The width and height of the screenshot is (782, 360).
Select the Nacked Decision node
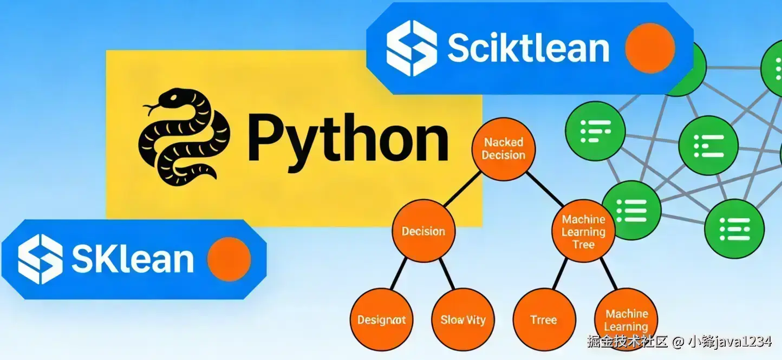(x=504, y=149)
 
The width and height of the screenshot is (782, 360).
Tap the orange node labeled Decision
(x=423, y=232)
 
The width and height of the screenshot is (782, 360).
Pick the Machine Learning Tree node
(x=583, y=232)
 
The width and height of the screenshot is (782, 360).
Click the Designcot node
(x=382, y=319)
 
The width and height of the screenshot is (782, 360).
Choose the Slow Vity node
(x=463, y=319)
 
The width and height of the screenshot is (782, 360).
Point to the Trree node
(x=544, y=319)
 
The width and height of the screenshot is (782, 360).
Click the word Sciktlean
(x=528, y=48)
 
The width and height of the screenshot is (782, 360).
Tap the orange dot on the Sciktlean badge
(x=650, y=48)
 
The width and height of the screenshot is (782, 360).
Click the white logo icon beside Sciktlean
(x=412, y=48)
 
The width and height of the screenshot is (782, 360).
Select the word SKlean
(x=132, y=259)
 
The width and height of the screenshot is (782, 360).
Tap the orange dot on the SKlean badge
(x=229, y=259)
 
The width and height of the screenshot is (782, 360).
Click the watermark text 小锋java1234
(x=729, y=342)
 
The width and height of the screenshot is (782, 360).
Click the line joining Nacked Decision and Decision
(x=462, y=191)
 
